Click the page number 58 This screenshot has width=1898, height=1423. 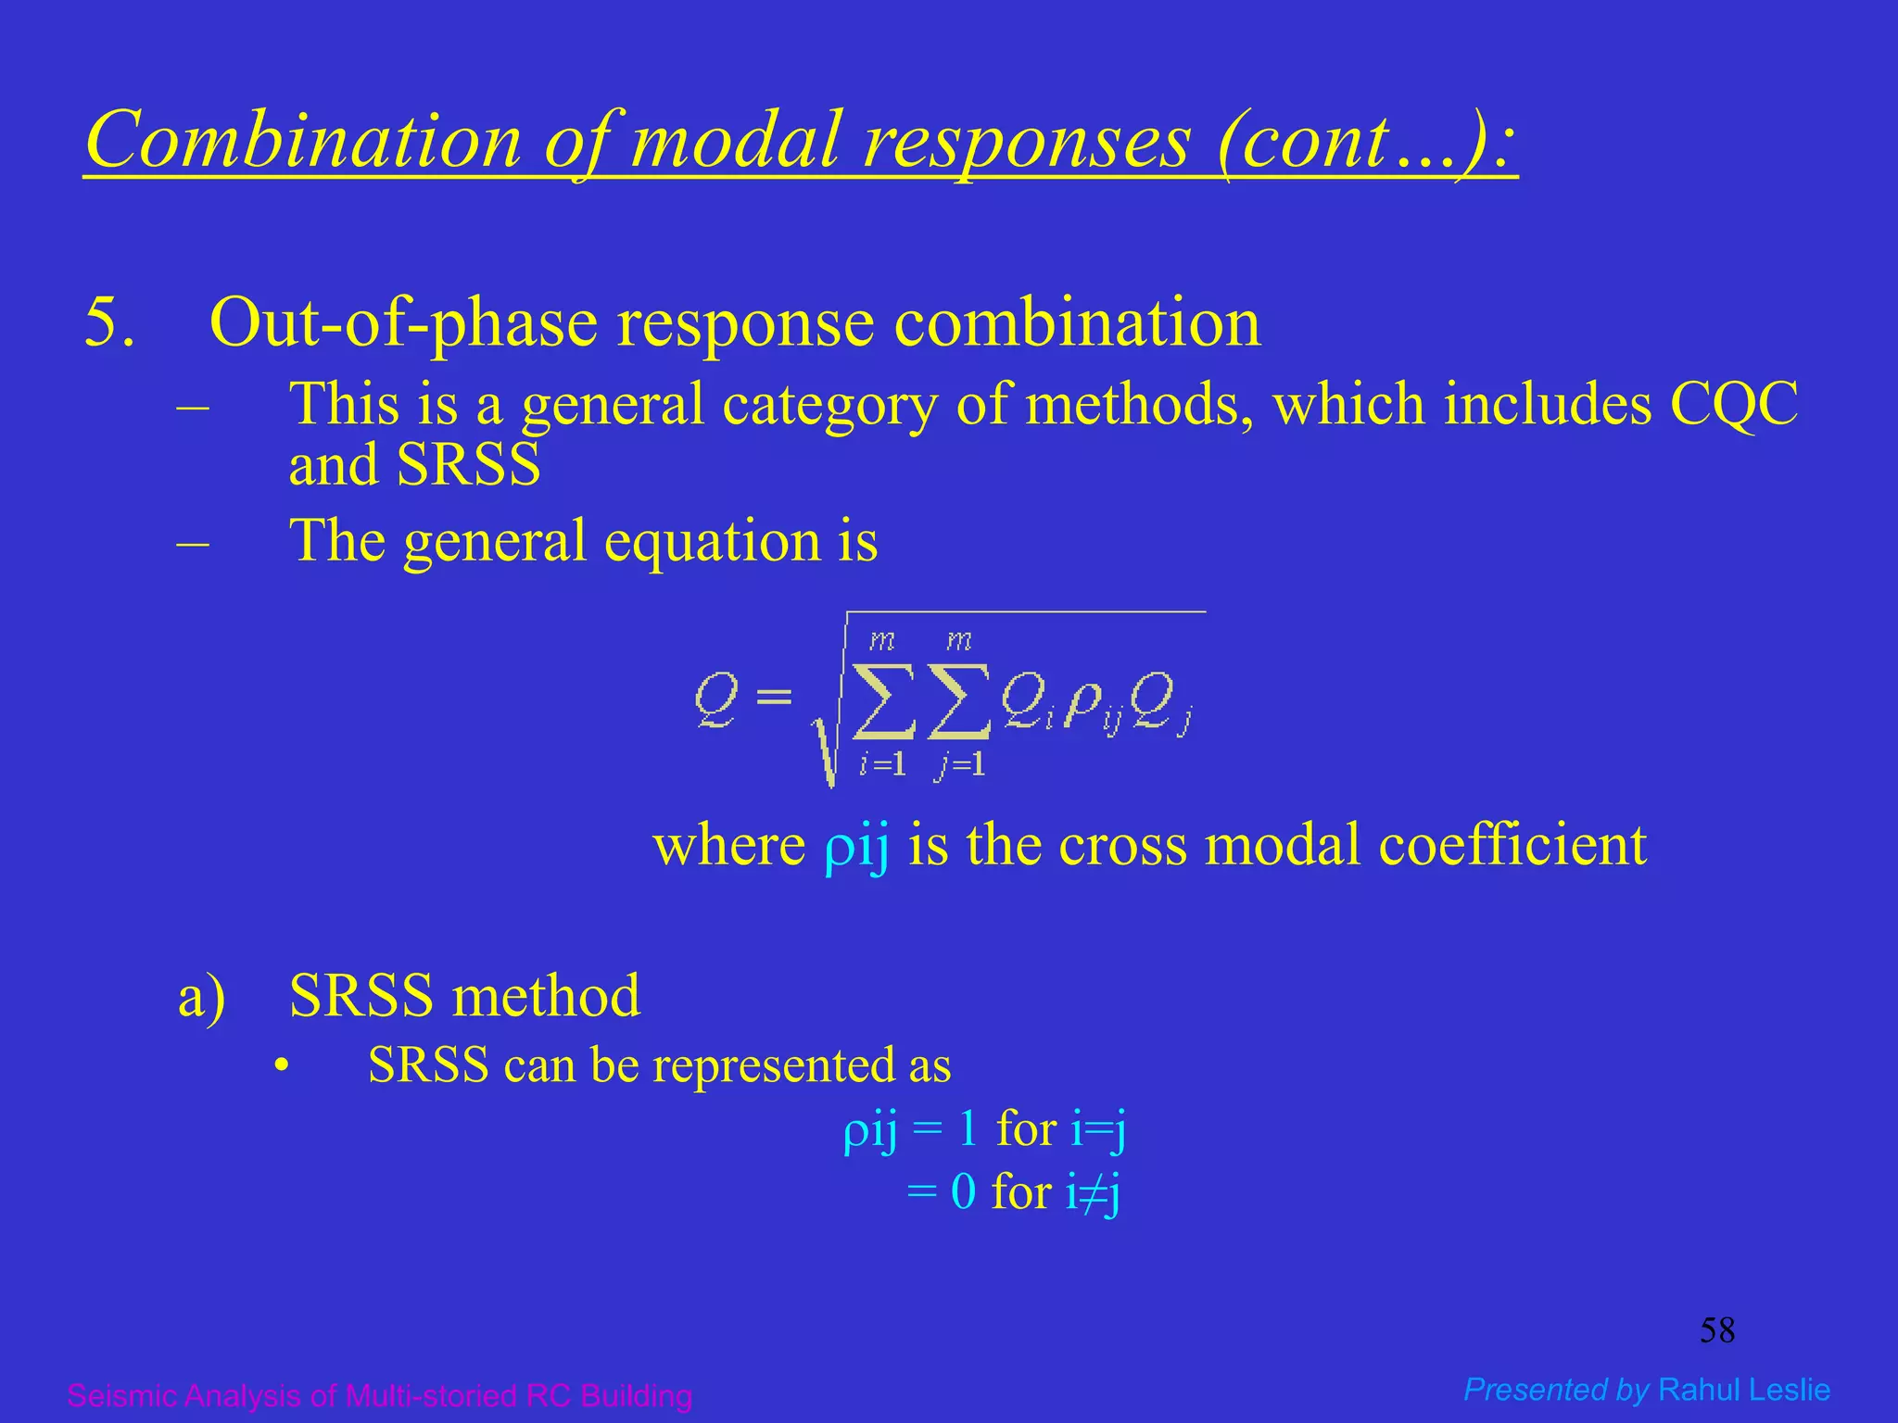(x=1716, y=1331)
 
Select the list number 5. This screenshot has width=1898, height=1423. (x=108, y=323)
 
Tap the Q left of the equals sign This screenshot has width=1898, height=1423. (x=716, y=699)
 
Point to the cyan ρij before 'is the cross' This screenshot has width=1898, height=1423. (x=856, y=846)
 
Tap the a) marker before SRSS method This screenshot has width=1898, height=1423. (x=201, y=997)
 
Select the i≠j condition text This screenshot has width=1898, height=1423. (x=1093, y=1192)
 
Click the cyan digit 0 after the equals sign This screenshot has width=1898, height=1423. (x=963, y=1192)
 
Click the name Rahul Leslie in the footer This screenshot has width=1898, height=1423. (x=1744, y=1390)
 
